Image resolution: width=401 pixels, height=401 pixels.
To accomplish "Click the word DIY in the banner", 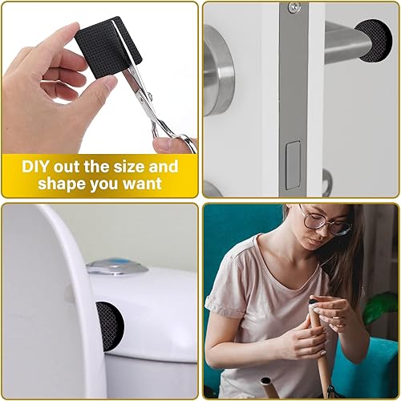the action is tap(35, 166).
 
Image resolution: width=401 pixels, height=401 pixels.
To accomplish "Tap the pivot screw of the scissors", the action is tap(150, 94).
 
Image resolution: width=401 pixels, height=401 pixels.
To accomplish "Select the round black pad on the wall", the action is tap(375, 41).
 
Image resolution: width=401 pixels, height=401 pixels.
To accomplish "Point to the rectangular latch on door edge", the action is tap(292, 165).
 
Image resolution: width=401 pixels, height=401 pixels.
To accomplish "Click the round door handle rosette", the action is tap(218, 70).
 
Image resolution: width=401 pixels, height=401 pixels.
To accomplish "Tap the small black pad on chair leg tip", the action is tap(313, 302).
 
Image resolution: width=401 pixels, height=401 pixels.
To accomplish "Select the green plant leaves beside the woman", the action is tap(381, 306).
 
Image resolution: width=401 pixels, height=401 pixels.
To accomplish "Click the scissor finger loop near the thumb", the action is tap(184, 143).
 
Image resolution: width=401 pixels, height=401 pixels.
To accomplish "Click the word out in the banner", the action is tap(67, 167).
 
